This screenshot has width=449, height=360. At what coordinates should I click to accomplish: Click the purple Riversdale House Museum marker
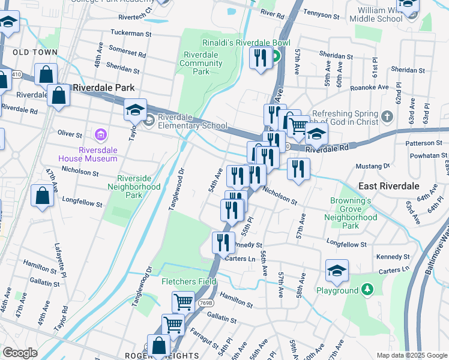coord(99,133)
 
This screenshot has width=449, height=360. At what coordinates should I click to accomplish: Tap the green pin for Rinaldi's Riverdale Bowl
coord(276,58)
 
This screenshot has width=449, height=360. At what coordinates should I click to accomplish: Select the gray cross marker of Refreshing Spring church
coord(388,115)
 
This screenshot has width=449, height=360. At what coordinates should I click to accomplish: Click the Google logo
coord(20,353)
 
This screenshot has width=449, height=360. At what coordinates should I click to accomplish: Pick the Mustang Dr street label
coord(373,165)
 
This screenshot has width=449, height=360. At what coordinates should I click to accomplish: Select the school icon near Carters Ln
coord(337,271)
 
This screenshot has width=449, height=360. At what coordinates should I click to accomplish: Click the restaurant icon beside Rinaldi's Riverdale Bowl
coord(260,58)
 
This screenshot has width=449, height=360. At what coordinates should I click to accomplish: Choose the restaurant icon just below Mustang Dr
coord(298,169)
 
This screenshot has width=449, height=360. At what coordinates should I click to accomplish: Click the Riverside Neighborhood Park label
coord(139,187)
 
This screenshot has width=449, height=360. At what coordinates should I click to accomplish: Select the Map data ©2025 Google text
coord(412,355)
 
